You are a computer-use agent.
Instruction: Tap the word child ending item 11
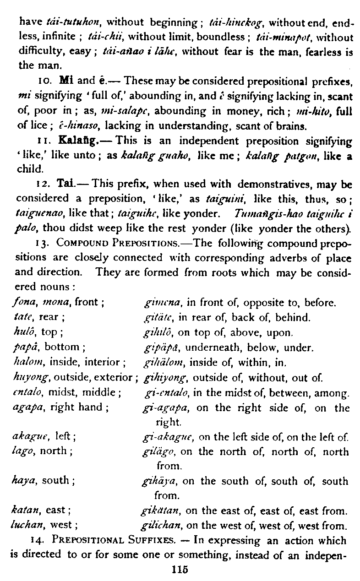28,168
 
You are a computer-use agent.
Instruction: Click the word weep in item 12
94,228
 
